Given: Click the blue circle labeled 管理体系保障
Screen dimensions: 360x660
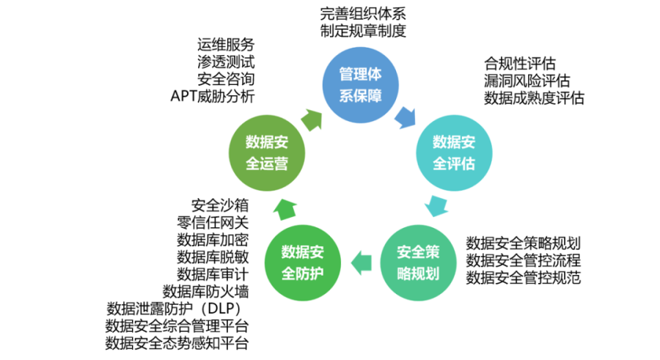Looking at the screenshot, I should coord(360,85).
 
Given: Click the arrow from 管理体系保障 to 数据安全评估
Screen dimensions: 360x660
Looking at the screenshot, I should coord(404,117).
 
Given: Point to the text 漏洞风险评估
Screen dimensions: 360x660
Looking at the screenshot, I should coord(527,80).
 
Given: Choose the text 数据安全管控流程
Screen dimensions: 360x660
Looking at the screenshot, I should coord(524,260).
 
